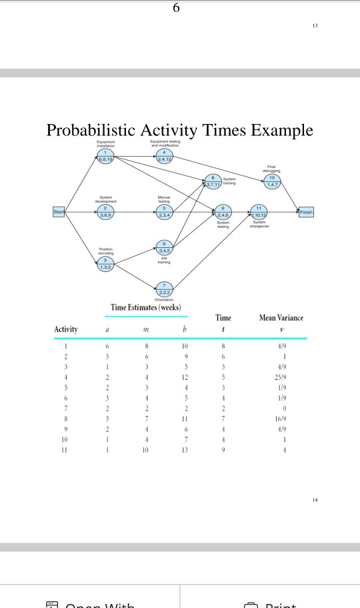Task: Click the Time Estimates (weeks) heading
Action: click(x=147, y=308)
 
